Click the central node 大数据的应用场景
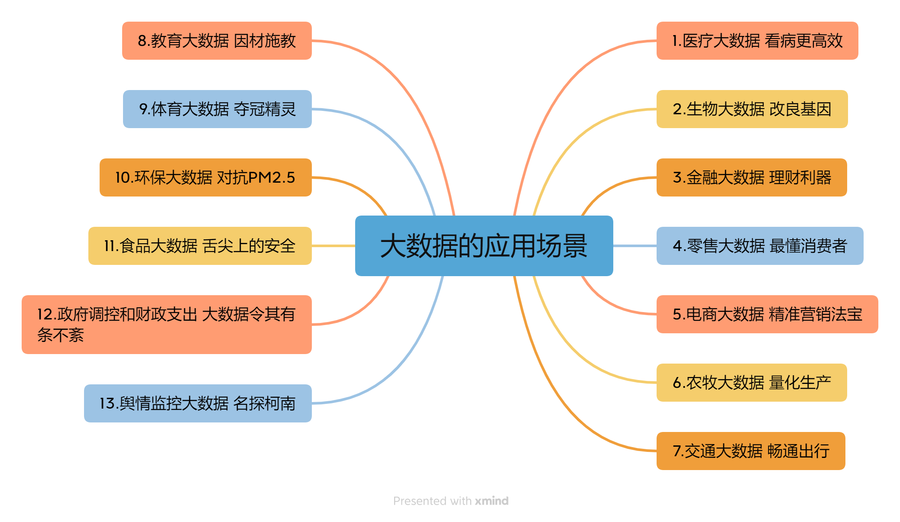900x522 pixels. point(484,246)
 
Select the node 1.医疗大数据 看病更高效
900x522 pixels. point(757,41)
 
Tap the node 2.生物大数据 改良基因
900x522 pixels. point(752,109)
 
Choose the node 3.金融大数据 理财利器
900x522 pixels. point(751,177)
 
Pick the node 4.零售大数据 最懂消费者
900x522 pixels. point(760,246)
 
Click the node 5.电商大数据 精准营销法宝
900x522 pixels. point(767,314)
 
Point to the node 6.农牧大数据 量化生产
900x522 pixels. point(751,383)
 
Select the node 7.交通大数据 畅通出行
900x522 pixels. point(751,451)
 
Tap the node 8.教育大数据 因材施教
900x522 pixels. point(217,41)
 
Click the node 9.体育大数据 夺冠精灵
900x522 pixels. point(217,109)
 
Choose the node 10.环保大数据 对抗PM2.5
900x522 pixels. point(206,177)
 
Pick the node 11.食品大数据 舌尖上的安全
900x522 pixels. point(200,246)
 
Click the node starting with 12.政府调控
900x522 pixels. point(167,325)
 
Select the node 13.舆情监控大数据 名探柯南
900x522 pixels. point(198,403)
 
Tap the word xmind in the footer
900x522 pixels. point(492,501)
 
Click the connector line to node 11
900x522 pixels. point(333,246)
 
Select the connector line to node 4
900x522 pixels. point(635,246)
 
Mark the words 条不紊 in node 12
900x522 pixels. point(61,335)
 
